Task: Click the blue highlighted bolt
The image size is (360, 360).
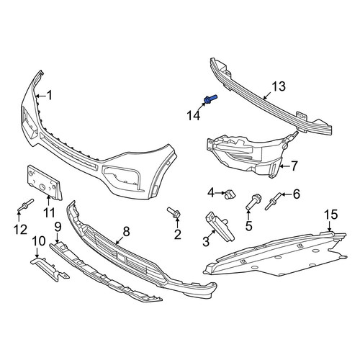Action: tap(210, 99)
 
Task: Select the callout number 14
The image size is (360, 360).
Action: tap(194, 116)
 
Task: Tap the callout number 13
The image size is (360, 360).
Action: tap(279, 86)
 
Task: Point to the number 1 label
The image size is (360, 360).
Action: tap(49, 96)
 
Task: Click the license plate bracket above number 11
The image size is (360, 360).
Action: tap(45, 183)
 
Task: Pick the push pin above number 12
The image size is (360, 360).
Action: tap(25, 204)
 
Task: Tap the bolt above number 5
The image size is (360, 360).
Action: tap(253, 202)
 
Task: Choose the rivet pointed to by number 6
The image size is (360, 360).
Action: tap(274, 202)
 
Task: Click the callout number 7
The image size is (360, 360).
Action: tap(294, 166)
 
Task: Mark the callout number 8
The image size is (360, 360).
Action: tap(126, 232)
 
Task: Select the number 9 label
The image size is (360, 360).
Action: tap(58, 227)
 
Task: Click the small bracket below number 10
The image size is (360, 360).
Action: tap(50, 269)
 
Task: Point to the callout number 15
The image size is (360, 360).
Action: tap(330, 215)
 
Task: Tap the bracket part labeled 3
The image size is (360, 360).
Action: tap(220, 226)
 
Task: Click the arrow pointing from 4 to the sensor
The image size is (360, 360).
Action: tap(220, 193)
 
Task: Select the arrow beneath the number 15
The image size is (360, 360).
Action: tap(330, 226)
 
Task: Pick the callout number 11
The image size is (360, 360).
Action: tap(49, 212)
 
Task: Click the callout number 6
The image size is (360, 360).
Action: tap(297, 194)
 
